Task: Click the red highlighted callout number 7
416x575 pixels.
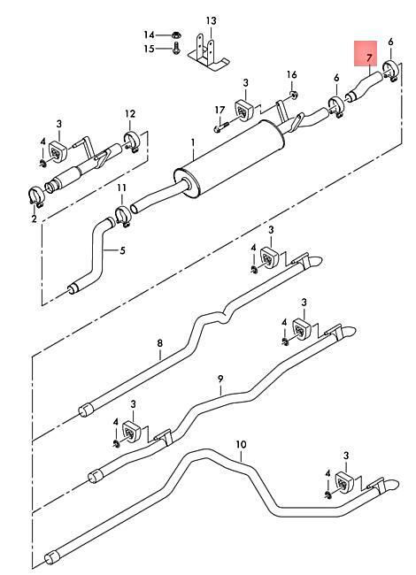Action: tap(369, 57)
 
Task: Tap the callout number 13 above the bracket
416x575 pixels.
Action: tap(211, 21)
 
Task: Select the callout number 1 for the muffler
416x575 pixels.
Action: tap(193, 142)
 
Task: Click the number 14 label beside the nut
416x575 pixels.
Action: tap(149, 35)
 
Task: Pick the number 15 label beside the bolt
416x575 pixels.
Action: tap(149, 49)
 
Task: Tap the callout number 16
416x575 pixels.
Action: tap(291, 75)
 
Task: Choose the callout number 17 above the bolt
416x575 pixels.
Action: tap(220, 110)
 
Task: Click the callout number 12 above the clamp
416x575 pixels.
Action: tap(130, 114)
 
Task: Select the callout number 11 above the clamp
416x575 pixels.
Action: tap(122, 188)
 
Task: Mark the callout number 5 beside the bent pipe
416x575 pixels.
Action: tap(122, 251)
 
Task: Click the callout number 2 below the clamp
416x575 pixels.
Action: tap(35, 218)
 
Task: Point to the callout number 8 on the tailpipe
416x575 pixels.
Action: tap(159, 343)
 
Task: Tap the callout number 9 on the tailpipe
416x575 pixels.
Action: tap(220, 379)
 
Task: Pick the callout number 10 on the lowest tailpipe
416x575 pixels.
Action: tap(241, 445)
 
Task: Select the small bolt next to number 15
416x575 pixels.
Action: tap(176, 49)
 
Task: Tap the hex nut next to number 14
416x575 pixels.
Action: tap(176, 35)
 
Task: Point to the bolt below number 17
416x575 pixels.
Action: tap(220, 126)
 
